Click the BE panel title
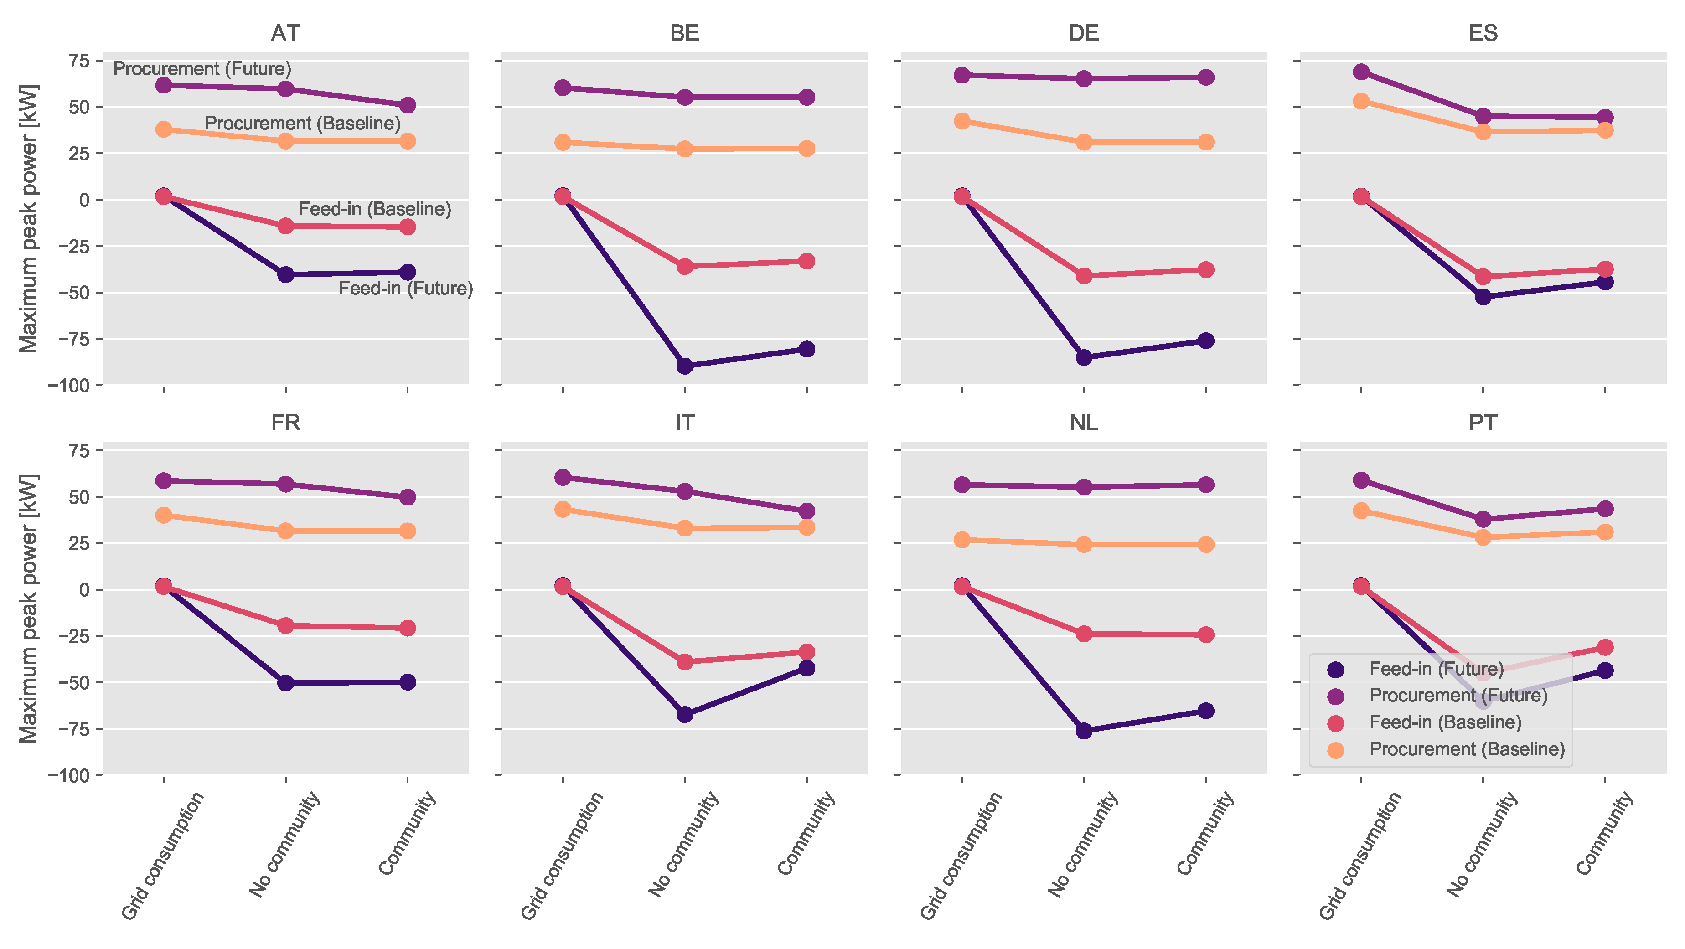pyautogui.click(x=684, y=33)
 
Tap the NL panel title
pyautogui.click(x=1083, y=423)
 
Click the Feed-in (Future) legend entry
pyautogui.click(x=1436, y=668)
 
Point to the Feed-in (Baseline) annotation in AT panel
pyautogui.click(x=375, y=209)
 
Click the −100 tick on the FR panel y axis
pyautogui.click(x=68, y=776)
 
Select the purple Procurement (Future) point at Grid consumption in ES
pyautogui.click(x=1361, y=72)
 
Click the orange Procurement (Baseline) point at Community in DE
pyautogui.click(x=1205, y=142)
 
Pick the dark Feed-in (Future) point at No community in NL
pyautogui.click(x=1084, y=731)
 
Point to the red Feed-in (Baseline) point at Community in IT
pyautogui.click(x=806, y=652)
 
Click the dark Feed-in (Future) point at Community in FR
pyautogui.click(x=408, y=682)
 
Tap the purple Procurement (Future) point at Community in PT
pyautogui.click(x=1605, y=509)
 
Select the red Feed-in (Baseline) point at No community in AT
pyautogui.click(x=285, y=226)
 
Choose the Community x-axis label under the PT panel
pyautogui.click(x=1605, y=833)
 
